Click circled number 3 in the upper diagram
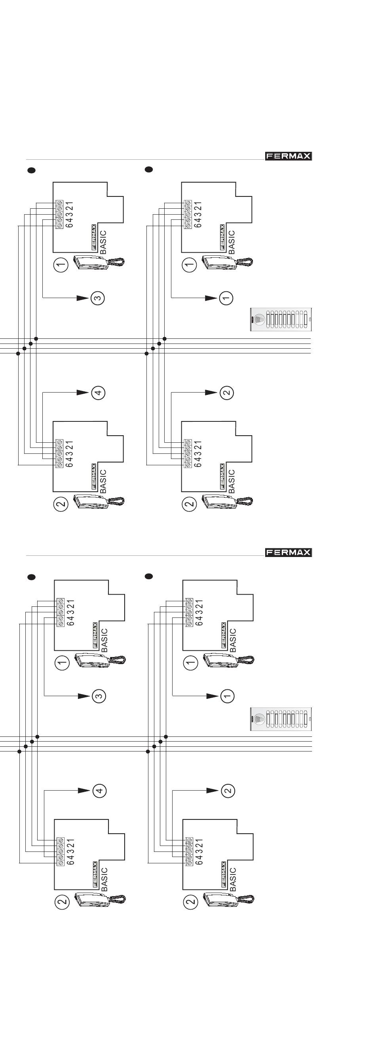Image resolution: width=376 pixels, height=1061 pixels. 98,298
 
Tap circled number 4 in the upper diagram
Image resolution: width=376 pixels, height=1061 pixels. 98,393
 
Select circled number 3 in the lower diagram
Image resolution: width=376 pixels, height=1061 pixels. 99,696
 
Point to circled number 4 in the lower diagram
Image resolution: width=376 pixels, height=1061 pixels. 99,790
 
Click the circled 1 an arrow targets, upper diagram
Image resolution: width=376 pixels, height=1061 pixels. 226,298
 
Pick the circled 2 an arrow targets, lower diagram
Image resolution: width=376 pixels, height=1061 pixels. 228,790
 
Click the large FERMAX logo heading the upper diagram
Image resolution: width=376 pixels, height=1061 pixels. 288,156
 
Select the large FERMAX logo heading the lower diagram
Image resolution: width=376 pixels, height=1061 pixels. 288,553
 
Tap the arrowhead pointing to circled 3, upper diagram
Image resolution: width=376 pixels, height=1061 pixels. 83,298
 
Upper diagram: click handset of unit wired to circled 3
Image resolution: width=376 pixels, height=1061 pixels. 99,262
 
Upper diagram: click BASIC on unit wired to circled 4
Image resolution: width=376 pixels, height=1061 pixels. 103,481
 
